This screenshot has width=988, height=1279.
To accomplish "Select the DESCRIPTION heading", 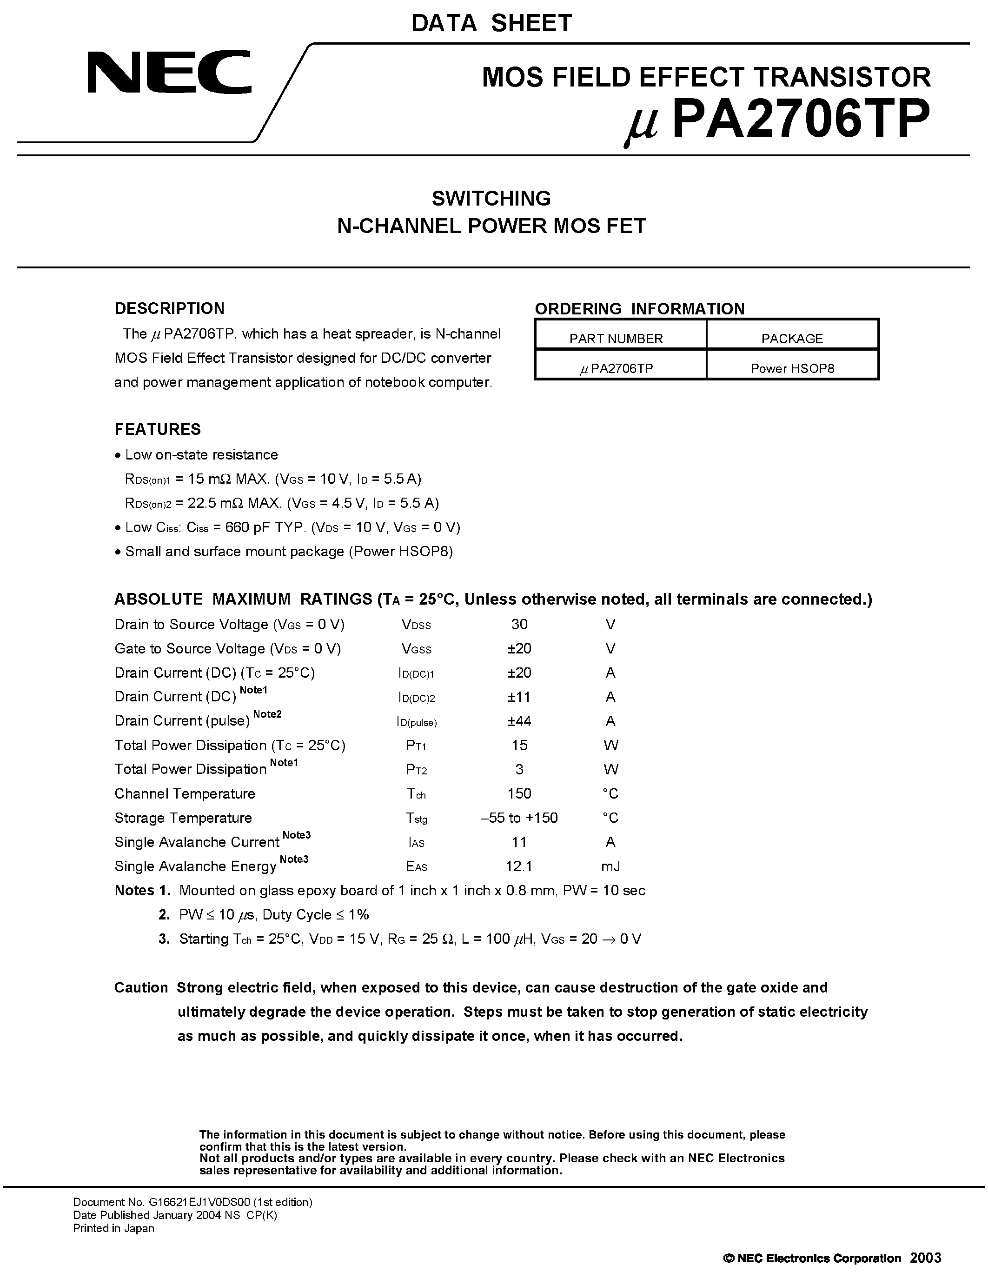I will click(x=169, y=309).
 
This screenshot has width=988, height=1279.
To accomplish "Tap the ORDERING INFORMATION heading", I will click(x=639, y=309).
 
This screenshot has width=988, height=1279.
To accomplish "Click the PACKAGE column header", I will click(x=791, y=339).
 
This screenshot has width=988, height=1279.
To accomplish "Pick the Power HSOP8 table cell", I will click(x=792, y=368).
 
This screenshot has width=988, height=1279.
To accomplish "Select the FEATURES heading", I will click(x=158, y=429).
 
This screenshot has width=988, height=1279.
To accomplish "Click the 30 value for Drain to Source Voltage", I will click(x=518, y=624).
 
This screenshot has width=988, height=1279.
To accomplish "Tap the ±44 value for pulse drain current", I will click(x=518, y=721).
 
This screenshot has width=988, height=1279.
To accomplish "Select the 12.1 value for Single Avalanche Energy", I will click(x=518, y=866).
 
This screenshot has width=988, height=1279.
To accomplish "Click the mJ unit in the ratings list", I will click(x=610, y=866).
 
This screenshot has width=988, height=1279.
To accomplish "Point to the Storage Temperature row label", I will click(x=183, y=818).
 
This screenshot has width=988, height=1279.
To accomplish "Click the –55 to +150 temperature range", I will click(x=518, y=818).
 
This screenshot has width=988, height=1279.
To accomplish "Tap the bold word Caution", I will click(x=141, y=988).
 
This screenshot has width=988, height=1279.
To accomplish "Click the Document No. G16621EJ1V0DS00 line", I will click(x=192, y=1202).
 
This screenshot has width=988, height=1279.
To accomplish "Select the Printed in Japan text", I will click(x=113, y=1228).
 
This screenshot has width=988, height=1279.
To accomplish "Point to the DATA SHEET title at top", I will click(x=491, y=23).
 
